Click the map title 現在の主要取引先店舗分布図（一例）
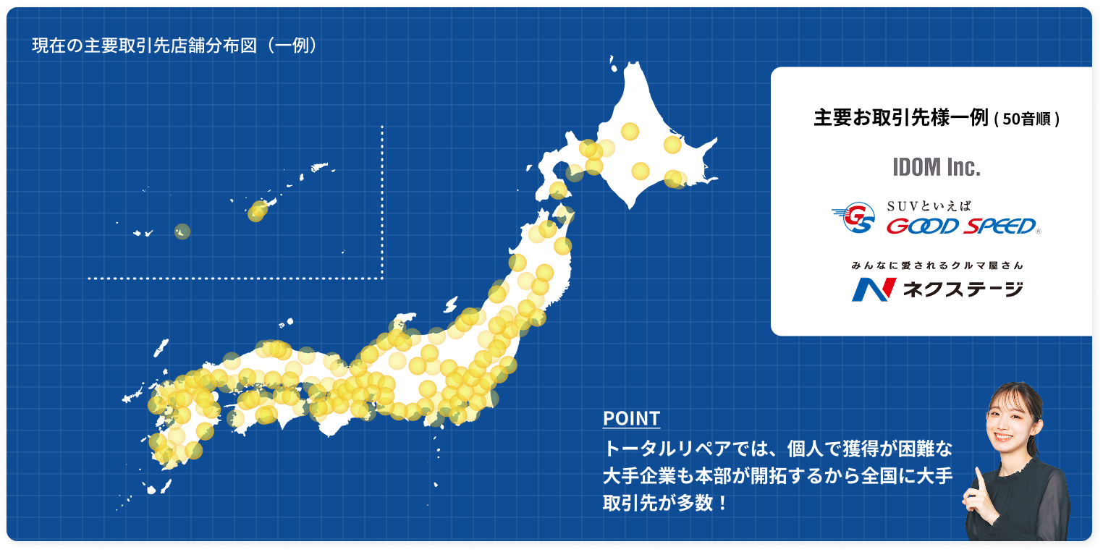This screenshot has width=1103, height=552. click(174, 45)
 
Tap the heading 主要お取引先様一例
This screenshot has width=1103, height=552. click(900, 119)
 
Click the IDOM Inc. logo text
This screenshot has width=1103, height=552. click(937, 168)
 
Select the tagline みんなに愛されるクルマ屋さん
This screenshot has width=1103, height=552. click(937, 266)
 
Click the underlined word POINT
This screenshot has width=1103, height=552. click(631, 419)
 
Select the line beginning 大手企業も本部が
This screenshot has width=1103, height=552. click(777, 476)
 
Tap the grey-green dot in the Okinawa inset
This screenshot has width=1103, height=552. click(182, 232)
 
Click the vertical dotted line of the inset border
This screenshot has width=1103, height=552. click(381, 203)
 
